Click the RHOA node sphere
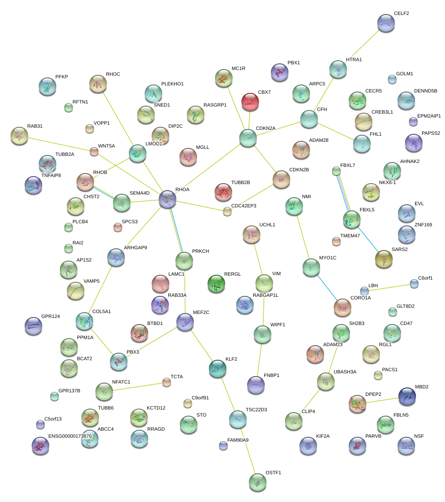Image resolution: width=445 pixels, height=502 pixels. coord(168,199)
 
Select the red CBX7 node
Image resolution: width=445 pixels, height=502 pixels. coord(250,102)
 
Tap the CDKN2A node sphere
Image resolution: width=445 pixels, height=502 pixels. coord(248,138)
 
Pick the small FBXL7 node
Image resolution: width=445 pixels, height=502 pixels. coord(336,170)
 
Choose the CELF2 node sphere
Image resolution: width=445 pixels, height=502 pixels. coord(386,22)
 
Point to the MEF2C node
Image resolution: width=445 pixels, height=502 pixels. coord(185,322)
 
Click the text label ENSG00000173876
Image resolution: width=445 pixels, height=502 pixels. coord(70,436)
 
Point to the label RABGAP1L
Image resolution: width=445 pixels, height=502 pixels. coord(266,295)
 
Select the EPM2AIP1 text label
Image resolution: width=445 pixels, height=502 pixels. coord(429,116)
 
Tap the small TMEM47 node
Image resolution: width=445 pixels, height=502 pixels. coord(336,241)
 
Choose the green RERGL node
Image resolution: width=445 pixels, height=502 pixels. coord(216,284)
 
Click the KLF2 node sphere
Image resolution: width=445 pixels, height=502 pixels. coord(217,369)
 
